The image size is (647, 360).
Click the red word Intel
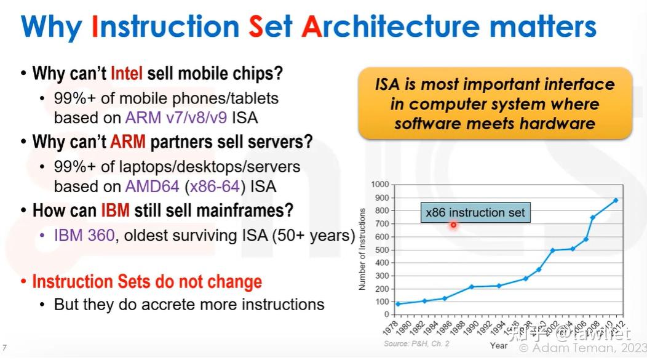pyautogui.click(x=127, y=74)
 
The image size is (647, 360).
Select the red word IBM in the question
pyautogui.click(x=115, y=210)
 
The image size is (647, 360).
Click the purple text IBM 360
pyautogui.click(x=84, y=235)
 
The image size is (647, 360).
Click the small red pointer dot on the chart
pyautogui.click(x=453, y=225)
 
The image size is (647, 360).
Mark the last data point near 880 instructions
pyautogui.click(x=615, y=200)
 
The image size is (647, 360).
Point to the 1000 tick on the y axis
pyautogui.click(x=381, y=185)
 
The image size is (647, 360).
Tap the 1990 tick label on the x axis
pyautogui.click(x=470, y=327)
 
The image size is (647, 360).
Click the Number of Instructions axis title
pyautogui.click(x=362, y=249)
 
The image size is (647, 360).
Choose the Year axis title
pyautogui.click(x=499, y=346)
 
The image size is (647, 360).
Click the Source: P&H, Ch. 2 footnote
pyautogui.click(x=417, y=343)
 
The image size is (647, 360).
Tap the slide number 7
pyautogui.click(x=5, y=346)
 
